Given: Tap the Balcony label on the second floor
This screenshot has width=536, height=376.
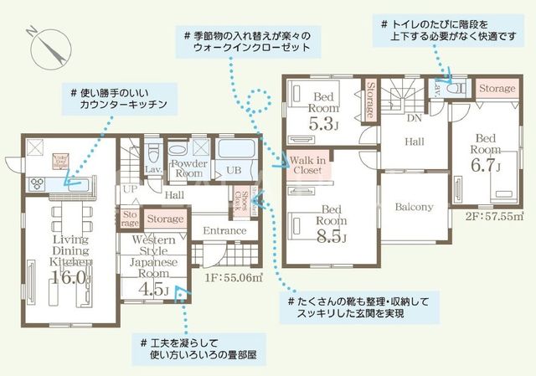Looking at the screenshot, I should click(413, 206).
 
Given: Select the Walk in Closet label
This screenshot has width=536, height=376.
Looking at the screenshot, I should click(309, 163).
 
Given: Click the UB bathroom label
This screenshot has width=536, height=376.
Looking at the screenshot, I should click(234, 170).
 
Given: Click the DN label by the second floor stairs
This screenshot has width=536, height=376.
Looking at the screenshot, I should click(414, 117).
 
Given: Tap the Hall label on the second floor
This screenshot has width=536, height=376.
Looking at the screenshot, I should click(412, 142).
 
